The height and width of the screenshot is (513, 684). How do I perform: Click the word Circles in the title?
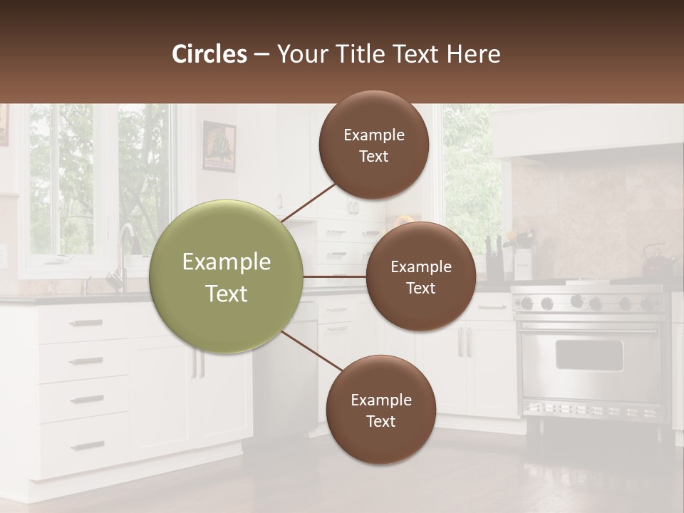tap(209, 54)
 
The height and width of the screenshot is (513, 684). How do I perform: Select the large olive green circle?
tap(227, 276)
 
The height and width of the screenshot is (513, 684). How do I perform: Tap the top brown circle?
tap(374, 145)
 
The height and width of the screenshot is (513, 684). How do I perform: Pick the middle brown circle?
tap(421, 276)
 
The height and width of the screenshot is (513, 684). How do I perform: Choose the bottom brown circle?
tap(381, 410)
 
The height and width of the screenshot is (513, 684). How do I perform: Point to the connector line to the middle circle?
tap(335, 276)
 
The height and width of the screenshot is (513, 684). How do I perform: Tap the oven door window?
tap(589, 355)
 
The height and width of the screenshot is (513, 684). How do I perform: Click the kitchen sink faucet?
tap(125, 246)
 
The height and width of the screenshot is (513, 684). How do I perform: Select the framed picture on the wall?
tap(219, 146)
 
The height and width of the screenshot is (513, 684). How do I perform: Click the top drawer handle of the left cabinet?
tap(86, 323)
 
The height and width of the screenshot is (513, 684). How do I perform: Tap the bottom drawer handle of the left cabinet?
tap(87, 446)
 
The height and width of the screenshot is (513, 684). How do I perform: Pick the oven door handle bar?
tap(589, 329)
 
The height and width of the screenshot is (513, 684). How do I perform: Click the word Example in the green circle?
tap(227, 262)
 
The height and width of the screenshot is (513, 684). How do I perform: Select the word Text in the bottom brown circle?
tap(381, 421)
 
